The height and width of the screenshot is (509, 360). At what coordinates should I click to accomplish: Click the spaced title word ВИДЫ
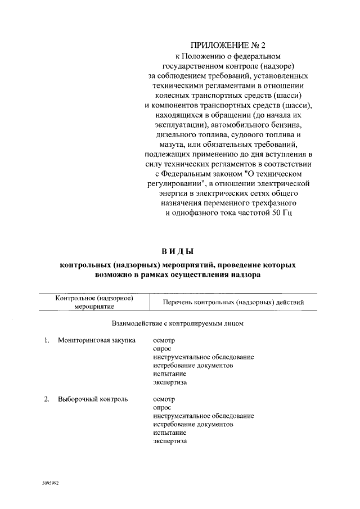(177, 250)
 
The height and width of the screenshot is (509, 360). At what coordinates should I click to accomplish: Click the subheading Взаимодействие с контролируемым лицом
(177, 324)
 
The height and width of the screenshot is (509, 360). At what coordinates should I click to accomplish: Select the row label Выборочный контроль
(93, 399)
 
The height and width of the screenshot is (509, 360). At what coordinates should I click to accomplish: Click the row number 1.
(47, 340)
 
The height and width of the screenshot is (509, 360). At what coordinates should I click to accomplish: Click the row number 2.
(47, 399)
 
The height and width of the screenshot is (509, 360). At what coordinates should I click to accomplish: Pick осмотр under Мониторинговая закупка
(164, 340)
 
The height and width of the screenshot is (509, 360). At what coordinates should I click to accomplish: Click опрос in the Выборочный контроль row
(162, 408)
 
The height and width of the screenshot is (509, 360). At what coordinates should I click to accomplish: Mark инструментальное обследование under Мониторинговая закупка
(203, 357)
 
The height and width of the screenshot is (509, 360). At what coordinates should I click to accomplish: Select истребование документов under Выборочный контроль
(193, 425)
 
